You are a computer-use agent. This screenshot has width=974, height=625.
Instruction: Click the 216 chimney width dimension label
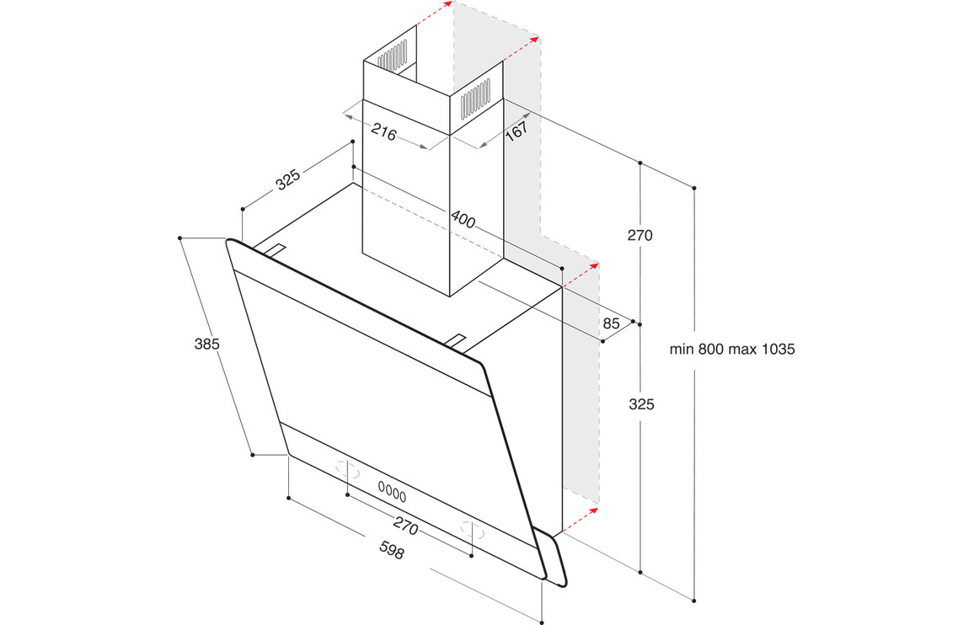click(384, 132)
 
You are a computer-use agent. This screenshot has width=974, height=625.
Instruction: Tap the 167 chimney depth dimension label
click(516, 131)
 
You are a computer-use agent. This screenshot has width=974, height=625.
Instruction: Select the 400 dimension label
click(463, 219)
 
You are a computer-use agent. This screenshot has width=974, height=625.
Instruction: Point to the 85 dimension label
click(611, 323)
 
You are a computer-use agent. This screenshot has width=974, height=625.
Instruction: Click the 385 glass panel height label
click(207, 344)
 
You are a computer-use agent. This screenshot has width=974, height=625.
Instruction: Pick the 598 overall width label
click(391, 550)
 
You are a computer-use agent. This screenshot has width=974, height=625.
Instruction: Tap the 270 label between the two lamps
click(405, 526)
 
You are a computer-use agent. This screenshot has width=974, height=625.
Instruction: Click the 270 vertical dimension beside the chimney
click(640, 236)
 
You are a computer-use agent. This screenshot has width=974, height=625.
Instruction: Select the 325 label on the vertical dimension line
click(641, 404)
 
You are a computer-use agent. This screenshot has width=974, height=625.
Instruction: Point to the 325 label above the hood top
click(288, 179)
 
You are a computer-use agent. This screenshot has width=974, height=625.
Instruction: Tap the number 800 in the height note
click(710, 350)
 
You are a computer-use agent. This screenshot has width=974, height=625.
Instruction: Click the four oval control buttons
click(392, 492)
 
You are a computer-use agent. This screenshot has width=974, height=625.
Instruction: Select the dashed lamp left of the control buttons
click(348, 471)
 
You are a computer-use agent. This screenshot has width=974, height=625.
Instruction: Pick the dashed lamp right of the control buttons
click(473, 530)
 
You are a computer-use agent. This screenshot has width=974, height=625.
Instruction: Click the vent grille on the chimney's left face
click(393, 55)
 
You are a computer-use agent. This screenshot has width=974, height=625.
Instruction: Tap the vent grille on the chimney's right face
click(476, 100)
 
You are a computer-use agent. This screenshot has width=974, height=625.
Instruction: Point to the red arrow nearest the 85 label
click(581, 275)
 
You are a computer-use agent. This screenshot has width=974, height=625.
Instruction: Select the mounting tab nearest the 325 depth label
click(276, 250)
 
